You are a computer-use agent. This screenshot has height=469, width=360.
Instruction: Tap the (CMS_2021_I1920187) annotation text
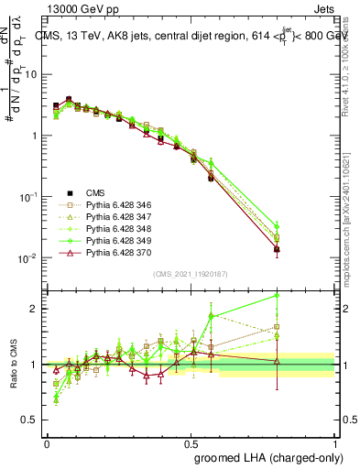coord(191,274)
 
